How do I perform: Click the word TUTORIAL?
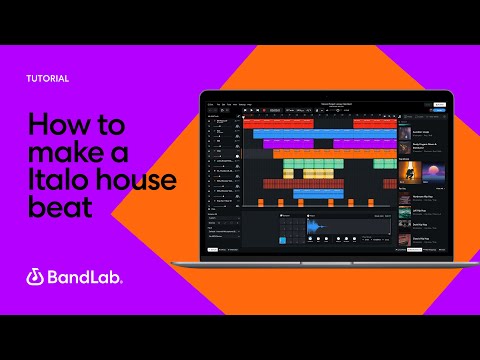(x=48, y=77)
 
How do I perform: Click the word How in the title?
(x=55, y=127)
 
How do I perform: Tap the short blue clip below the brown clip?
(x=318, y=194)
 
